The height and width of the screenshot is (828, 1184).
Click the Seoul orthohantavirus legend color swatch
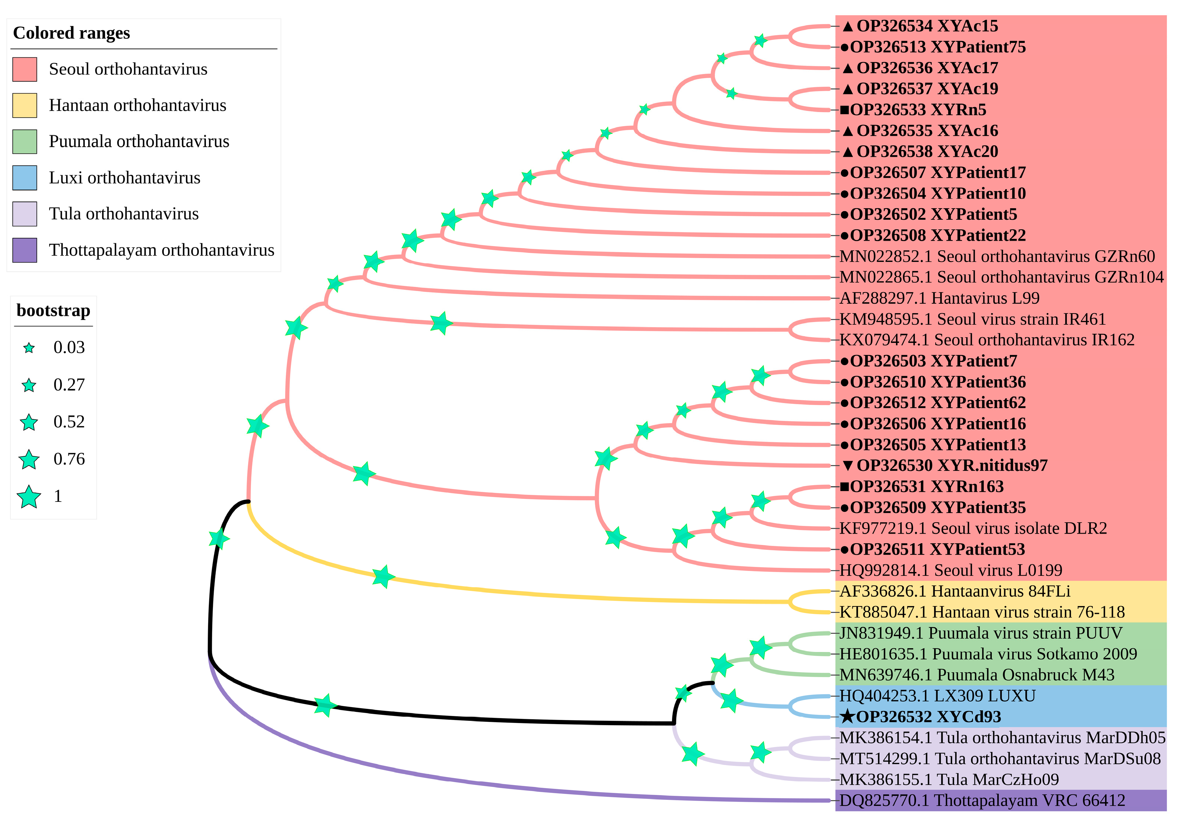25,69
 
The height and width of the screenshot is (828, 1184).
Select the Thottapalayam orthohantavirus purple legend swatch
25,250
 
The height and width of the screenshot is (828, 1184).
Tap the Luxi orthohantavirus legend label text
124,178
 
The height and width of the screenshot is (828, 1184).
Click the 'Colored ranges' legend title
71,33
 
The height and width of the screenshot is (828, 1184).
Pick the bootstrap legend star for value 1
29,497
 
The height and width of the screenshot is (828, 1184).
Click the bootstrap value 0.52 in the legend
69,422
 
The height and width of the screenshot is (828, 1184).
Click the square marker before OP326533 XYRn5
845,110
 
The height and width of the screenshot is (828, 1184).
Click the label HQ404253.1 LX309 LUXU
937,696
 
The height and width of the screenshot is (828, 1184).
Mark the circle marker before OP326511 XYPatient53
845,550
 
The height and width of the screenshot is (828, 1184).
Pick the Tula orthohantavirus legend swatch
25,214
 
